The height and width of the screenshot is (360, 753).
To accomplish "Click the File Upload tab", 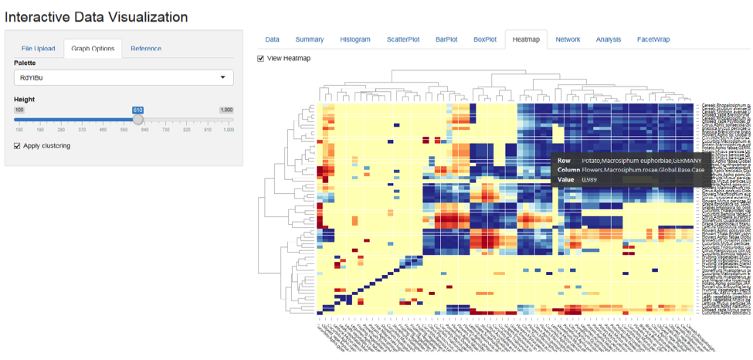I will [38, 49].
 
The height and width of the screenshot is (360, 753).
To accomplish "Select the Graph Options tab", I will [93, 49].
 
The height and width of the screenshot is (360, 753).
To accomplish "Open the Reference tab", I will [146, 49].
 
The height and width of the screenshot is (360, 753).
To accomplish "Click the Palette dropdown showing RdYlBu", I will [124, 77].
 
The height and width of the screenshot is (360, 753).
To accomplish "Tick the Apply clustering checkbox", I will [18, 146].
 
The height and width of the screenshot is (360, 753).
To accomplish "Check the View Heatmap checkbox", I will [261, 59].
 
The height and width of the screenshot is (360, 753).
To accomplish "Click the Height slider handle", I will [137, 119].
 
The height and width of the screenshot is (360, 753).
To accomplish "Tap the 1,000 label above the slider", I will [226, 110].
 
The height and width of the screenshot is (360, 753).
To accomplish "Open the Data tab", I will [272, 39].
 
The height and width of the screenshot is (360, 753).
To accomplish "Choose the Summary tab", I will [309, 39].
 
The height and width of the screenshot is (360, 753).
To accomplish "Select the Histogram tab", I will [355, 39].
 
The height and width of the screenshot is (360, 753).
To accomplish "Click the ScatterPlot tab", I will [403, 39].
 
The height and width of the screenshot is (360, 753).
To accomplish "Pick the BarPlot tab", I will [446, 39].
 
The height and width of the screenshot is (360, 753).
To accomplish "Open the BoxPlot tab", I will [485, 39].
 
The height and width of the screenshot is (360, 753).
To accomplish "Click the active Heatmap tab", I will [525, 39].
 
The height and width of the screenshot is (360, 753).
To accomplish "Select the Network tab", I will [568, 39].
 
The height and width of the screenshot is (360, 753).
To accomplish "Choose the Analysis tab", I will [609, 39].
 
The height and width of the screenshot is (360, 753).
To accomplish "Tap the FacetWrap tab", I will [653, 39].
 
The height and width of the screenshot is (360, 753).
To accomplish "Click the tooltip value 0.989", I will [589, 179].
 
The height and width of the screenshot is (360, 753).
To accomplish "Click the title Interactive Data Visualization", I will [96, 16].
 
